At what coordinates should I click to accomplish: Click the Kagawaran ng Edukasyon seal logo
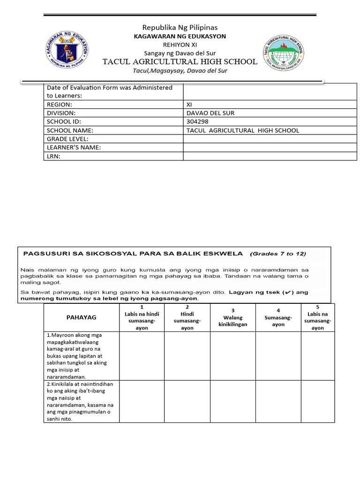tap(69, 49)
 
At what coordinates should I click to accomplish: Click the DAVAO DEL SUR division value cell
tap(210, 113)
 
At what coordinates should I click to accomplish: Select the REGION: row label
tap(59, 105)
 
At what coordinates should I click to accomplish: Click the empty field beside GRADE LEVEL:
tap(270, 139)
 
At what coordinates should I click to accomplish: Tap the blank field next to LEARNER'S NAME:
tap(270, 148)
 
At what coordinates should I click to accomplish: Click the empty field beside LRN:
tap(270, 156)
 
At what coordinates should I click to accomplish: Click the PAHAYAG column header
tap(82, 317)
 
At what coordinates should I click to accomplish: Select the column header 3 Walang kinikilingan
tap(233, 317)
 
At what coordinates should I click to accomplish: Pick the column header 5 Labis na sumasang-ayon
tap(317, 317)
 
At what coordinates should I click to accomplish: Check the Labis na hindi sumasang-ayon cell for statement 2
tap(142, 401)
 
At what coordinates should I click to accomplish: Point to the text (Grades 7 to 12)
tap(278, 254)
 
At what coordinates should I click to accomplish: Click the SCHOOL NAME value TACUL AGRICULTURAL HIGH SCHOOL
tap(242, 130)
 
